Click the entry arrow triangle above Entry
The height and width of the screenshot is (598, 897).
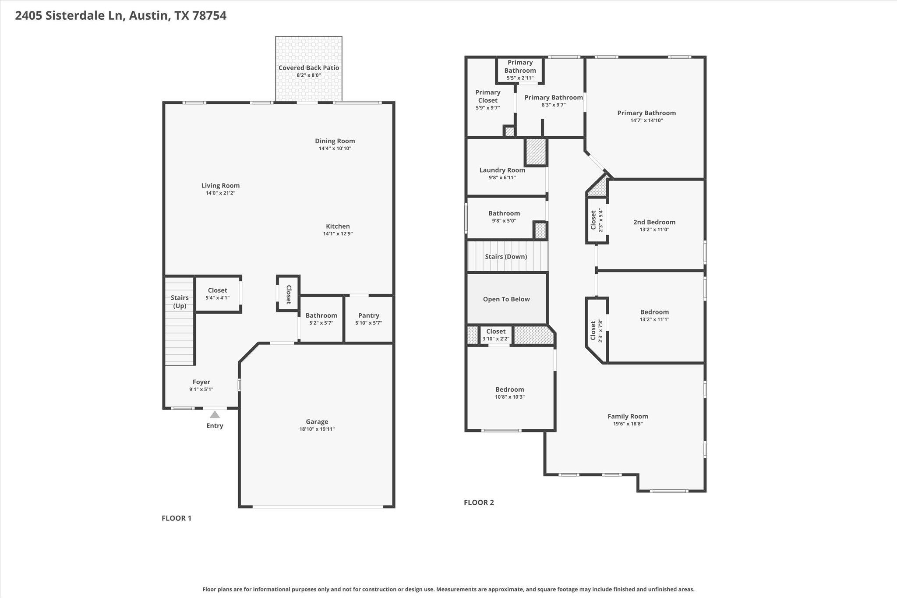pos(215,414)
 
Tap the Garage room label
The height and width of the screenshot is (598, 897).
pos(317,421)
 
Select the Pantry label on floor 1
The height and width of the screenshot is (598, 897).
pos(368,315)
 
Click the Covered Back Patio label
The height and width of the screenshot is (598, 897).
pos(309,67)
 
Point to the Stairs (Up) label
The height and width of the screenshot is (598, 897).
pos(180,301)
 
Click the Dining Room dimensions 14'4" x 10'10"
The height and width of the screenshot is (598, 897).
pos(335,149)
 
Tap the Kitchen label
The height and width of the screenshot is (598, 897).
pos(338,226)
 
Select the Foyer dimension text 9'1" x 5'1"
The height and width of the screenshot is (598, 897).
pos(201,389)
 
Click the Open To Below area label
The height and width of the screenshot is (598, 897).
pos(506,299)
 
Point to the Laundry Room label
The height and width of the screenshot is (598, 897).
pos(502,170)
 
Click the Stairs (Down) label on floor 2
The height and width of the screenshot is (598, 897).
pos(506,257)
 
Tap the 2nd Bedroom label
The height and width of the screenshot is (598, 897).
pos(654,222)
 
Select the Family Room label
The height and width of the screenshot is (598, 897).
pos(628,416)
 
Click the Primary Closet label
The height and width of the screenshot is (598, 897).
pos(487,96)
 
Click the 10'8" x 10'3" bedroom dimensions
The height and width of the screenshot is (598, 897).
pos(510,397)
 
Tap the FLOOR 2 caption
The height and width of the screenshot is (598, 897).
pos(479,502)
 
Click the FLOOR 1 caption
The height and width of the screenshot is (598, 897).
pos(177,518)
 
